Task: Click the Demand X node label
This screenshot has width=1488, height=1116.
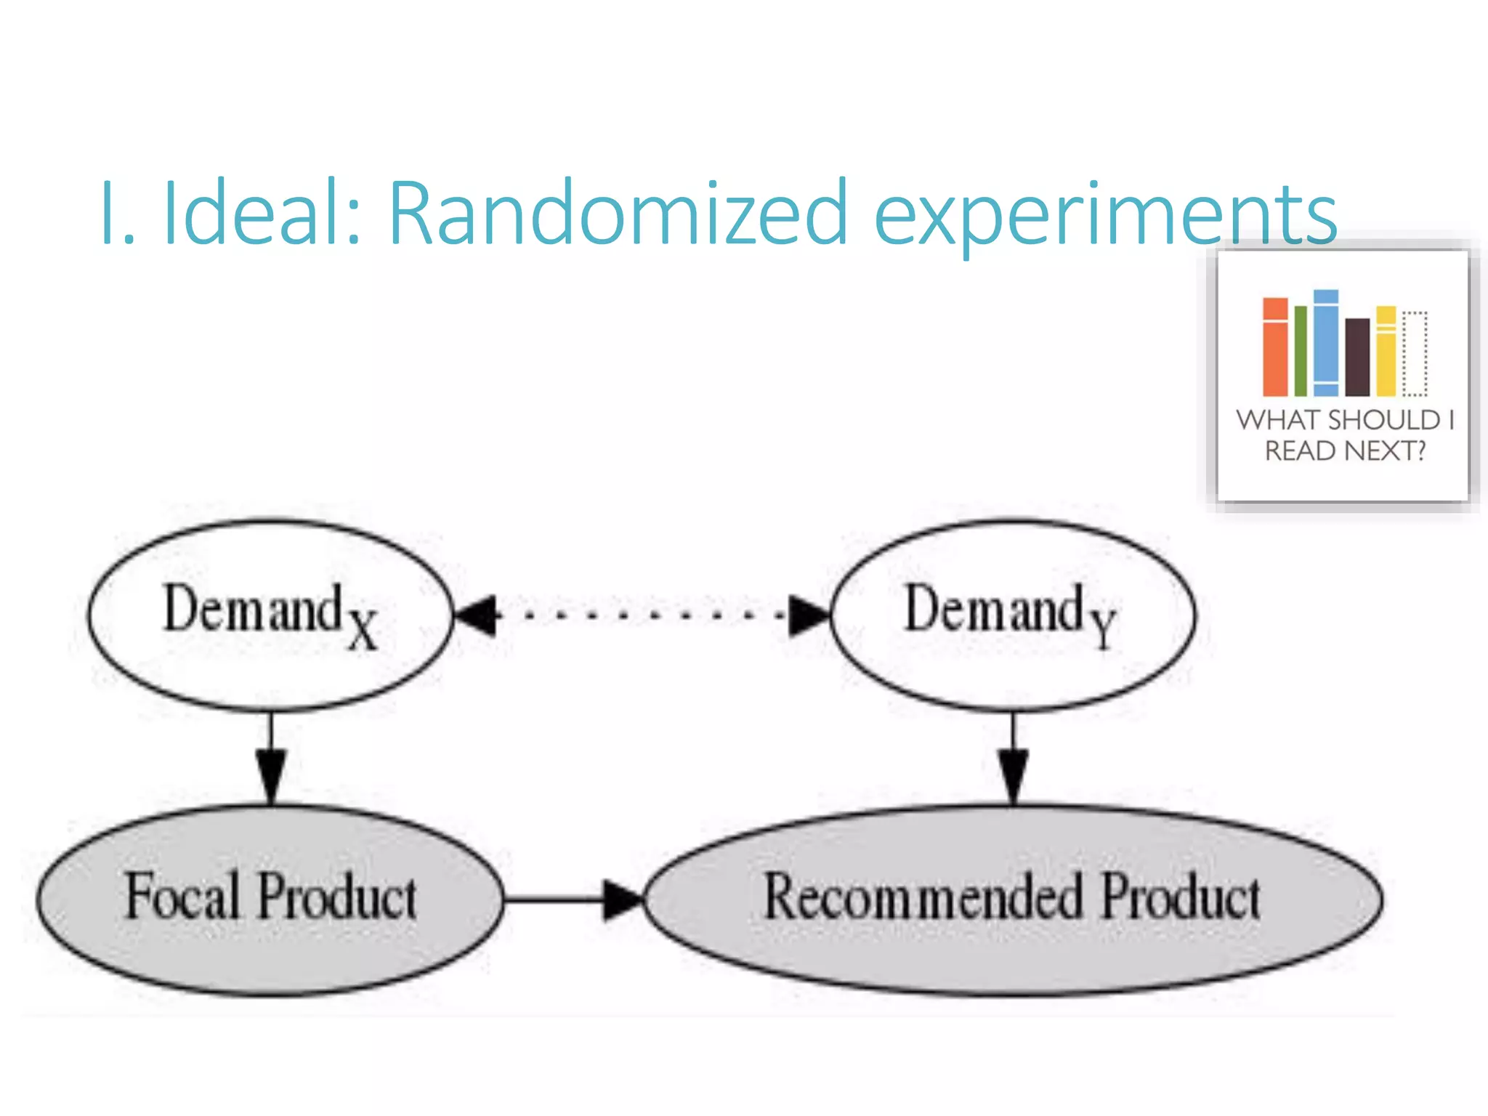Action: pyautogui.click(x=269, y=614)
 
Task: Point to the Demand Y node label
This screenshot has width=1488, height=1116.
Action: pyautogui.click(x=1010, y=614)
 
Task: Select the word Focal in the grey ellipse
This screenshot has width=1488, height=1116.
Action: pyautogui.click(x=182, y=897)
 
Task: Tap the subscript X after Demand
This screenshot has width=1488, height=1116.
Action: pyautogui.click(x=362, y=629)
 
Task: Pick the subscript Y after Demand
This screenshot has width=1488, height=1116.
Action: pyautogui.click(x=1103, y=629)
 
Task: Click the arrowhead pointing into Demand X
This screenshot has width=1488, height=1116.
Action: pyautogui.click(x=476, y=616)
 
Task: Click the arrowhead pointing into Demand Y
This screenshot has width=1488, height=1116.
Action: pyautogui.click(x=808, y=616)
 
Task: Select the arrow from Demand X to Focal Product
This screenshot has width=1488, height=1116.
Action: pyautogui.click(x=271, y=759)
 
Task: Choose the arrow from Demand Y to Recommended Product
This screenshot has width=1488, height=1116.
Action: pyautogui.click(x=1013, y=759)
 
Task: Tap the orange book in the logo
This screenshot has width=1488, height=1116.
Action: pyautogui.click(x=1274, y=347)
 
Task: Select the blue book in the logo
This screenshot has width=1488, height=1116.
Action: pyautogui.click(x=1325, y=343)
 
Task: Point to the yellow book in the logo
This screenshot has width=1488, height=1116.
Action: pyautogui.click(x=1386, y=352)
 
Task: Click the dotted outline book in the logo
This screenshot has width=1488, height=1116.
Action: pyautogui.click(x=1414, y=354)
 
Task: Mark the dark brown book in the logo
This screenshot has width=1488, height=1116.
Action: pyautogui.click(x=1357, y=357)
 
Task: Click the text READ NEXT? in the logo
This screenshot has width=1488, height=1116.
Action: pyautogui.click(x=1345, y=451)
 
